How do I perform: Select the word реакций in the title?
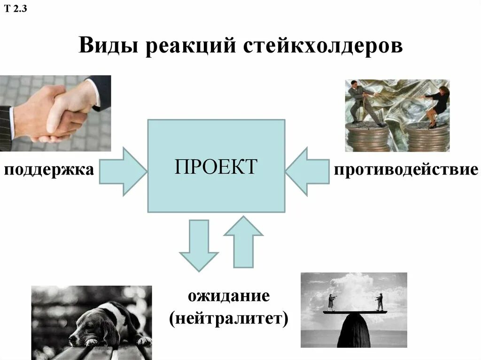pos(190,46)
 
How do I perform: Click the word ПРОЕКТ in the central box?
pos(216,167)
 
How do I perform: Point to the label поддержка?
pos(49,169)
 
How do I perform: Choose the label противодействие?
pos(406,169)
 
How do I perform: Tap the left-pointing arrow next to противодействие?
pos(307,171)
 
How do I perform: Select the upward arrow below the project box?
pos(243,241)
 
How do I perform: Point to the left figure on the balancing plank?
pos(332,302)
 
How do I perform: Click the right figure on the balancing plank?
pos(379,302)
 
